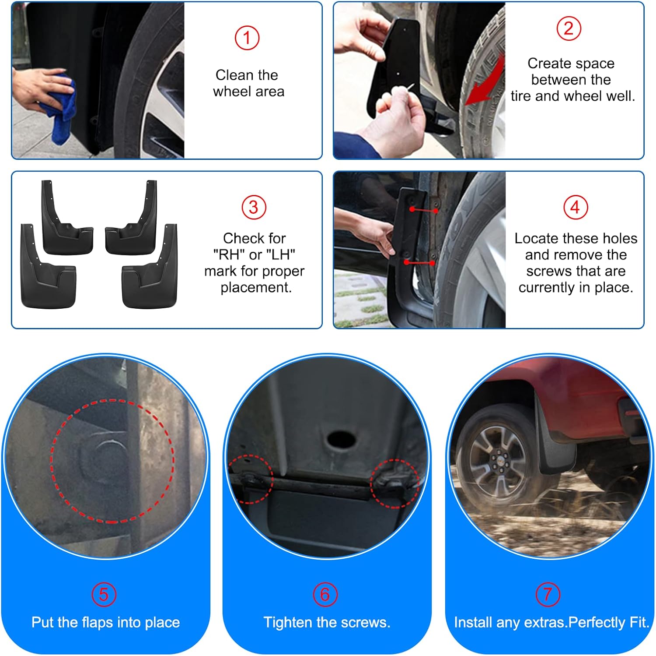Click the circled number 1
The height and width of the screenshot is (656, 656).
pyautogui.click(x=247, y=38)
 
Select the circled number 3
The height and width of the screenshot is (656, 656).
pyautogui.click(x=254, y=208)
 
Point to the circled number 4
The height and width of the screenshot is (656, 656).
pyautogui.click(x=575, y=208)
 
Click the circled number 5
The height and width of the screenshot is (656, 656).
pyautogui.click(x=104, y=594)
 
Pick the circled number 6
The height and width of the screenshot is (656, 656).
pyautogui.click(x=325, y=594)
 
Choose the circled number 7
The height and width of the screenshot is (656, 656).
pyautogui.click(x=548, y=594)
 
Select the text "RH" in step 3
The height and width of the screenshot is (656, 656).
pyautogui.click(x=228, y=254)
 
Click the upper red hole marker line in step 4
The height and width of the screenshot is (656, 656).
pyautogui.click(x=424, y=211)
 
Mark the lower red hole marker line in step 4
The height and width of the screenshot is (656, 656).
pyautogui.click(x=419, y=263)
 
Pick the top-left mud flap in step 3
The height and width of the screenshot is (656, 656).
pyautogui.click(x=66, y=219)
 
